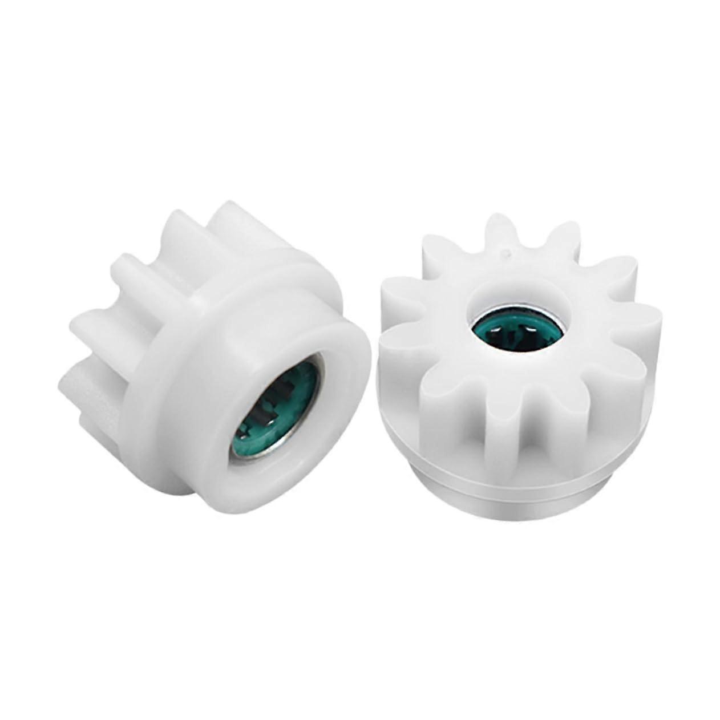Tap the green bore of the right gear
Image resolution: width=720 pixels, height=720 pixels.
click(516, 331)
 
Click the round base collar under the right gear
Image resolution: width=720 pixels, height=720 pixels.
click(513, 491)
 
